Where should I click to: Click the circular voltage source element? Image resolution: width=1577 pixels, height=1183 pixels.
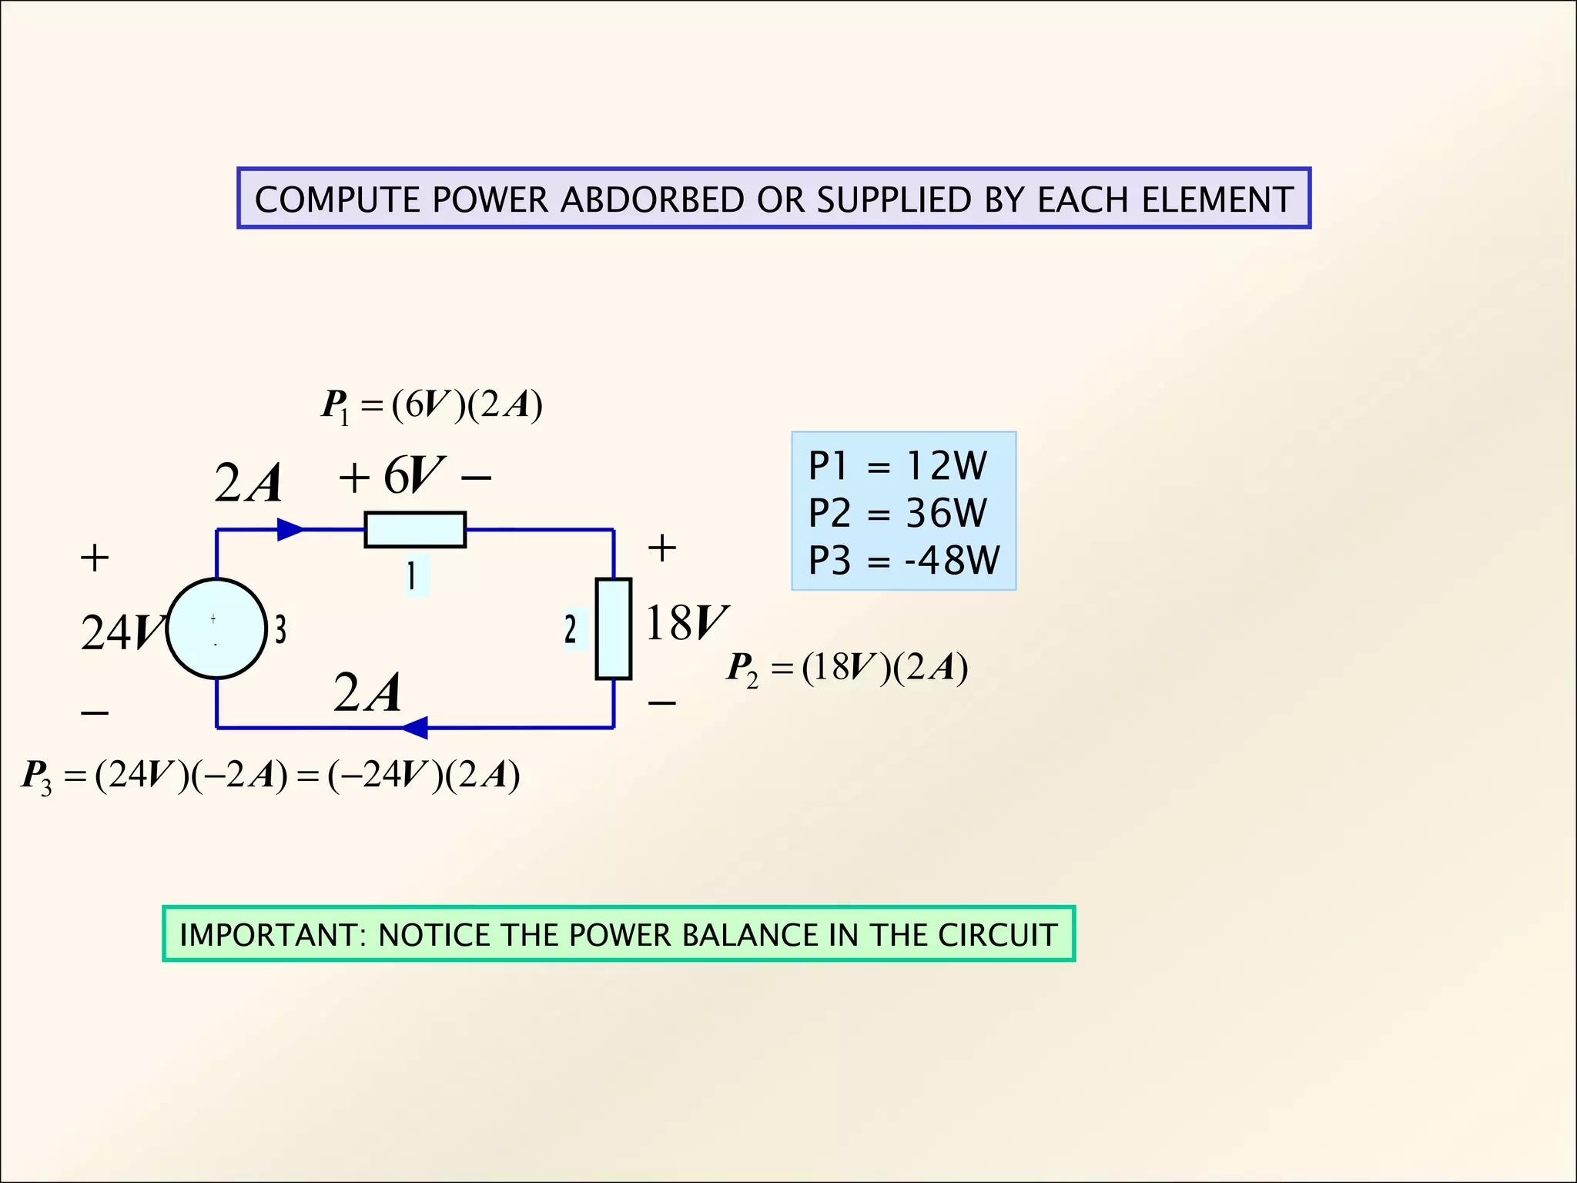click(x=216, y=628)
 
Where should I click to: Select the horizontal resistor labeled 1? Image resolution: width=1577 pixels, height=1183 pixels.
click(x=414, y=530)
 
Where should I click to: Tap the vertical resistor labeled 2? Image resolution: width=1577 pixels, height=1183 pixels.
click(x=613, y=628)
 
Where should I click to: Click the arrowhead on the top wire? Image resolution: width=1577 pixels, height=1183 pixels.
click(x=290, y=529)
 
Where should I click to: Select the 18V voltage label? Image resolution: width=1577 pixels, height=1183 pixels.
click(x=685, y=623)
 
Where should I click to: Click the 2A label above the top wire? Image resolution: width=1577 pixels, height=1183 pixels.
click(x=248, y=484)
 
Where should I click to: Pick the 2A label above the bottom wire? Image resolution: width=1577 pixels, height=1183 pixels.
click(x=367, y=692)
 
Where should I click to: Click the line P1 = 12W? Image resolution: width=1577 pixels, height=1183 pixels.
click(x=897, y=466)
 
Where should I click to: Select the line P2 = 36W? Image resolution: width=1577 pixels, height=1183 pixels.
click(x=897, y=513)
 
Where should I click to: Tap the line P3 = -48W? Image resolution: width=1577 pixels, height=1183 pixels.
click(x=903, y=560)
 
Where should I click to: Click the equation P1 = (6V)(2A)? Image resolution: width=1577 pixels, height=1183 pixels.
click(x=432, y=405)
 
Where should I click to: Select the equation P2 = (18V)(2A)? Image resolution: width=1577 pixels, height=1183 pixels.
click(x=847, y=668)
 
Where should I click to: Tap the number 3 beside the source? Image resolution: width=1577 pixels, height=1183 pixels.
click(x=281, y=629)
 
